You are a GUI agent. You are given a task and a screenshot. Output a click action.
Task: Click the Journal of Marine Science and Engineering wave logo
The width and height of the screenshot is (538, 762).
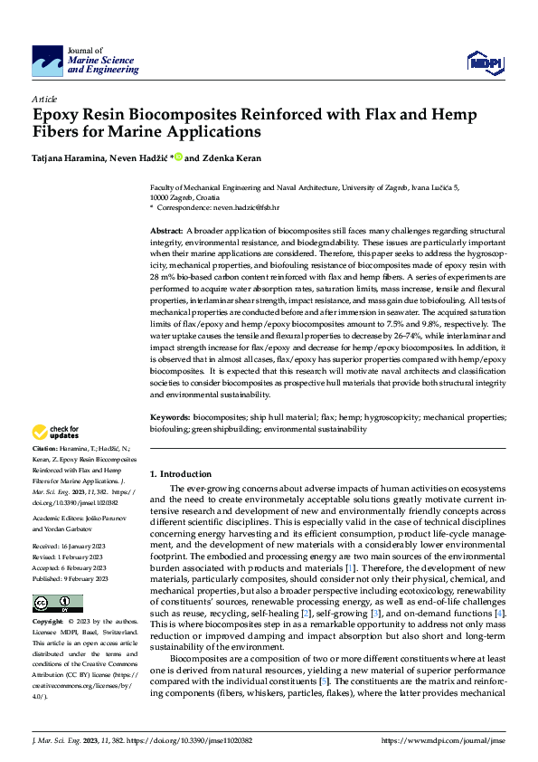click(x=47, y=61)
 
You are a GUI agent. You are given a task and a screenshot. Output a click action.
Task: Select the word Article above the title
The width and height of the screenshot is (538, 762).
click(x=44, y=98)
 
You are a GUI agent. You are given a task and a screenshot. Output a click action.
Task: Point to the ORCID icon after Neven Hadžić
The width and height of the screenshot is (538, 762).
click(x=179, y=157)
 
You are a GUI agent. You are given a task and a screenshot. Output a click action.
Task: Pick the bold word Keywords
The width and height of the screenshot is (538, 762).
click(x=170, y=418)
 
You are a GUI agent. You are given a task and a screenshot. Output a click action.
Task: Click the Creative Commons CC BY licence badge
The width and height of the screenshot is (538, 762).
click(x=57, y=578)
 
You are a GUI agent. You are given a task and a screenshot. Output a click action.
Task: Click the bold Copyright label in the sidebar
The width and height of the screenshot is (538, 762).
click(x=50, y=598)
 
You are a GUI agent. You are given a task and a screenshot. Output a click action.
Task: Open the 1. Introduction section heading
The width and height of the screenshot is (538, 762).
click(x=181, y=474)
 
